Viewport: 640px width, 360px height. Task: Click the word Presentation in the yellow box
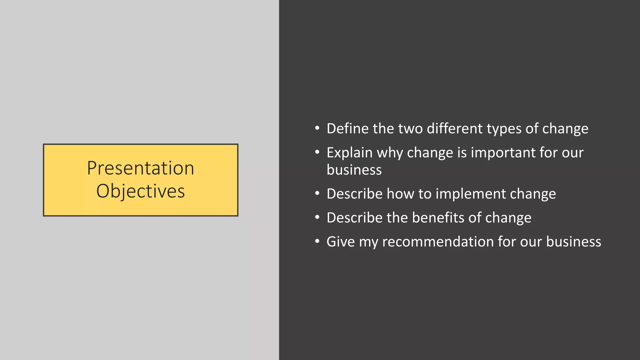(140, 168)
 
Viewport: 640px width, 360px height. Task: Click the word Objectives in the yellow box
(140, 191)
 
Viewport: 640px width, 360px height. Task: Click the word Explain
(349, 153)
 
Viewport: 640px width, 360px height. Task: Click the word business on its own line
(354, 170)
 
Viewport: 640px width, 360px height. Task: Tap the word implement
(471, 194)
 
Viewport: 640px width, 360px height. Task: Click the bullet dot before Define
(317, 128)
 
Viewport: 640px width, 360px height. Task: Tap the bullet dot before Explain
(317, 152)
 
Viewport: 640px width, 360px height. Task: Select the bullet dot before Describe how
(317, 193)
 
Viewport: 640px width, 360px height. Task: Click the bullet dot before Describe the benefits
(317, 217)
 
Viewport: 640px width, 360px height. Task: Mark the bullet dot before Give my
(317, 241)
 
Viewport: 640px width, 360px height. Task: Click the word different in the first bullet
(455, 128)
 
